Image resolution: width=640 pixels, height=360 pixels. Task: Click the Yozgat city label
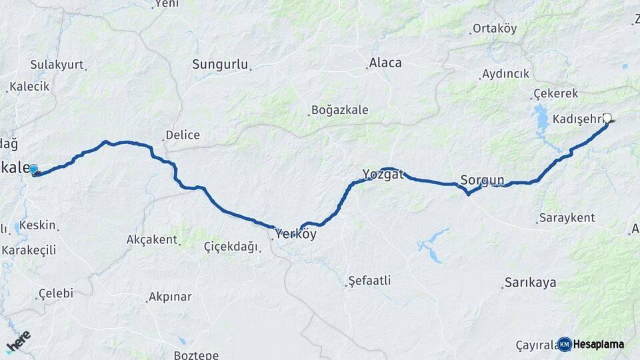coord(383,175)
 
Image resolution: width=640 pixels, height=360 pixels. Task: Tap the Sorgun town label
coord(482,180)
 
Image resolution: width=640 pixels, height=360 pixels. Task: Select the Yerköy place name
coord(295,235)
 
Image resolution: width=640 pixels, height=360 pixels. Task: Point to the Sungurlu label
coord(220,65)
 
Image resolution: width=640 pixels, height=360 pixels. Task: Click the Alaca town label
coord(385,63)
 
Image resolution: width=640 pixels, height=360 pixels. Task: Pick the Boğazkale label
coord(339,111)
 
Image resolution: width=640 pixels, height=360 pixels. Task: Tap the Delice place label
coord(183,135)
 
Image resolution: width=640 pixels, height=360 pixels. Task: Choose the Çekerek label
coord(555,94)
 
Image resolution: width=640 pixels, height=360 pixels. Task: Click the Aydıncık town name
coord(505,74)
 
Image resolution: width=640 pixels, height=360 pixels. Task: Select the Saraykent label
coord(567,218)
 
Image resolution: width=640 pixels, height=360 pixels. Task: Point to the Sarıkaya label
coord(531,283)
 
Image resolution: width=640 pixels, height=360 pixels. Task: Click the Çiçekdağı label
coord(231,247)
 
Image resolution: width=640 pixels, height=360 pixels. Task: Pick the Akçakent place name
coord(152,239)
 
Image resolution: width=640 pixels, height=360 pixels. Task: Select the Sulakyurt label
coord(57,65)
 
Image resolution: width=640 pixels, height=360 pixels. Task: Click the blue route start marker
coord(33,169)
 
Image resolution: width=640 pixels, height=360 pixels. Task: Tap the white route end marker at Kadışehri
coord(607,118)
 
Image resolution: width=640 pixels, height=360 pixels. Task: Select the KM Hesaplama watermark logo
coord(591,344)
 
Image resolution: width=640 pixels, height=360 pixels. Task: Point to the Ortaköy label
coord(495,29)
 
